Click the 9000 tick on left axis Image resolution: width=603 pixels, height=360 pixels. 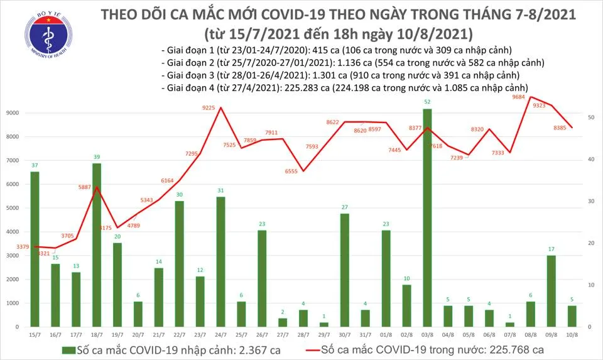(13, 113)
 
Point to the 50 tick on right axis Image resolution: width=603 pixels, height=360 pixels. (592, 117)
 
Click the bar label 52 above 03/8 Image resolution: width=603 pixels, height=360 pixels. (427, 102)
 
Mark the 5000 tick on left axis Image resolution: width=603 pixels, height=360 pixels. (13, 208)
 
